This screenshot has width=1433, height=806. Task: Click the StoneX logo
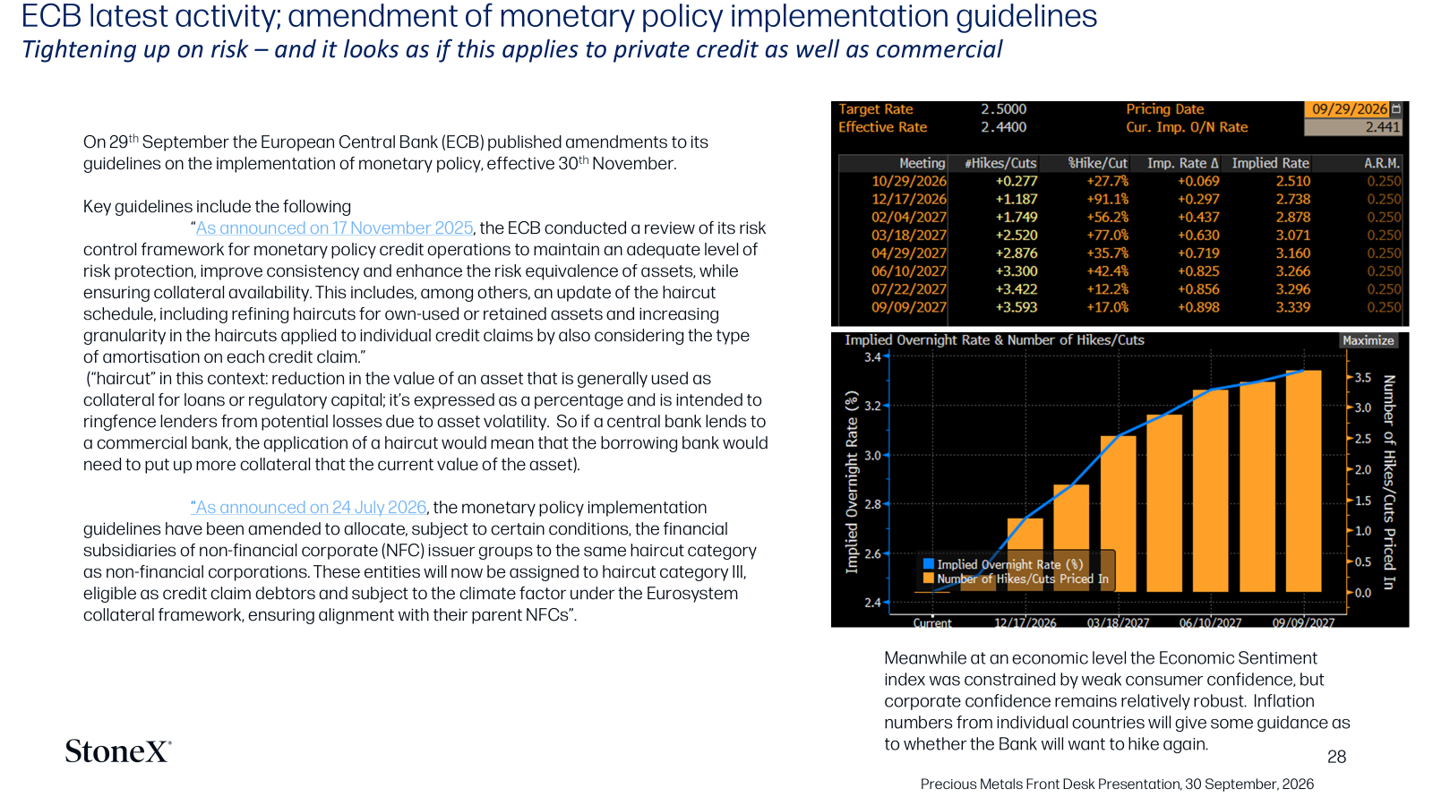(117, 751)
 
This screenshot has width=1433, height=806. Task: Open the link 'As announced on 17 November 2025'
(334, 228)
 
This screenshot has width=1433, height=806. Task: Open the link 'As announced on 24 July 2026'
(308, 507)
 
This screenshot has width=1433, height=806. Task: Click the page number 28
(1336, 757)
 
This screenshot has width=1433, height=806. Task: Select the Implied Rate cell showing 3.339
(1293, 307)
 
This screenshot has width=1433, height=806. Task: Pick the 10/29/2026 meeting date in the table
(908, 181)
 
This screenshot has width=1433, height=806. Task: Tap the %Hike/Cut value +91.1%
(1107, 199)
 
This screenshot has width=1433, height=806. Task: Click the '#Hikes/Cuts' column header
(1000, 163)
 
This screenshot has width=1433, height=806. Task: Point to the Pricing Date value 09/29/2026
(1349, 108)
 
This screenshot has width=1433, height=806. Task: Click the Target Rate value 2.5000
(1003, 108)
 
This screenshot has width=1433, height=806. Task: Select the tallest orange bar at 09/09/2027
(1303, 481)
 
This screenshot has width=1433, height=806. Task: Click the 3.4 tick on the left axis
(872, 357)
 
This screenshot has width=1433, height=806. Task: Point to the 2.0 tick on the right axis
(1363, 469)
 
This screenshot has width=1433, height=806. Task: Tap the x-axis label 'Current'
(932, 622)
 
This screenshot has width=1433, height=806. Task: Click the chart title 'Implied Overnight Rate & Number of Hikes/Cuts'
(994, 340)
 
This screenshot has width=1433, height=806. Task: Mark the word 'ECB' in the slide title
(51, 17)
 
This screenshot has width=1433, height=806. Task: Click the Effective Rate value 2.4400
(1003, 126)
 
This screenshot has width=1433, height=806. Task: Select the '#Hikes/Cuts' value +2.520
(1017, 235)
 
